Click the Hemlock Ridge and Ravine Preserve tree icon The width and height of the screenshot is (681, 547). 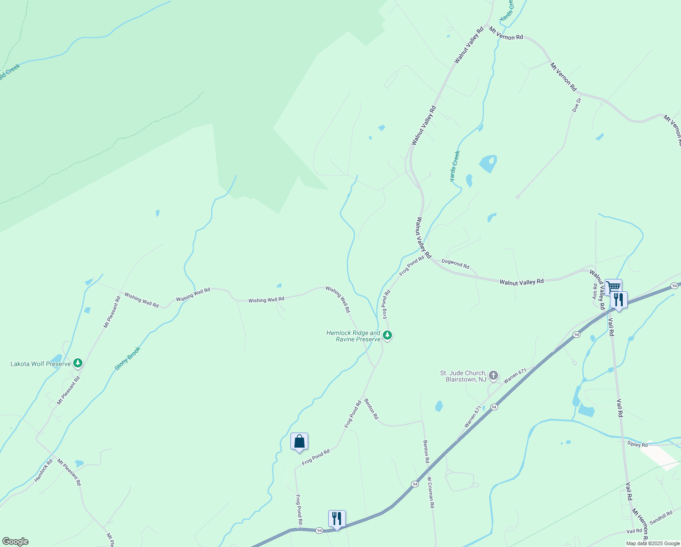[387, 335]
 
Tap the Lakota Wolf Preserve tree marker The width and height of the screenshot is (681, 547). [78, 363]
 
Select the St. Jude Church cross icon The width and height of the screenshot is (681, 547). [493, 376]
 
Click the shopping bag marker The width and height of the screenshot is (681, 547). [299, 441]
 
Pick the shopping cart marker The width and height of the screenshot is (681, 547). [613, 287]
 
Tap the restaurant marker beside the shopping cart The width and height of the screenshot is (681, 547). [619, 300]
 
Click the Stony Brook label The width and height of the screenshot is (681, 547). [128, 358]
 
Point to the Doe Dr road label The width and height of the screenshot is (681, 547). [577, 105]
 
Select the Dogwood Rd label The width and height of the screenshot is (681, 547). [455, 264]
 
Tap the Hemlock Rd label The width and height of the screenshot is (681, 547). [44, 470]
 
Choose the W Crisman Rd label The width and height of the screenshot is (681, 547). [431, 492]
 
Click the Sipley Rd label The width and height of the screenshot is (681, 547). [637, 444]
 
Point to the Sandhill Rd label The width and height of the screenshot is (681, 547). [661, 517]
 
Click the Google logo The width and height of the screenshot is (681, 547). [15, 542]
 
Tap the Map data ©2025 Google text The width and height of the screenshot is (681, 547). [653, 543]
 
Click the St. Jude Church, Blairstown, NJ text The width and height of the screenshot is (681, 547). [463, 376]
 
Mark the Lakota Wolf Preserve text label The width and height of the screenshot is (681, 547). [41, 364]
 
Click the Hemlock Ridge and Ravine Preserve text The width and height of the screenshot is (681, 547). [353, 336]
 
